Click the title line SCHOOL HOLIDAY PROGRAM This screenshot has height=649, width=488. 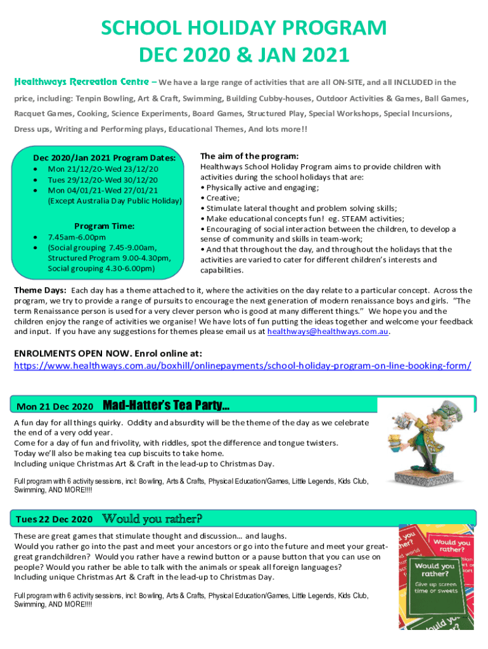[243, 29]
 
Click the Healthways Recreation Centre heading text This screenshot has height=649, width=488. [82, 82]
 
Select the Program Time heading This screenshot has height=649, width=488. [105, 226]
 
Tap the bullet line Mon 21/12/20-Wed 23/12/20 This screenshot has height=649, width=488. [103, 169]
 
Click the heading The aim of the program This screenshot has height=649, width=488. [249, 156]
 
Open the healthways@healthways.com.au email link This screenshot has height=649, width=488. [328, 331]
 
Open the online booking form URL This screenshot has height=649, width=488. [243, 366]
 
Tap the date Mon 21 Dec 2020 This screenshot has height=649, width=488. [55, 406]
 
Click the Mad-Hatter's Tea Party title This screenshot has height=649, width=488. [166, 405]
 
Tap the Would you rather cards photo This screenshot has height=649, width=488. [435, 577]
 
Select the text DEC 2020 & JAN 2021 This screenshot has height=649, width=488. [243, 56]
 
